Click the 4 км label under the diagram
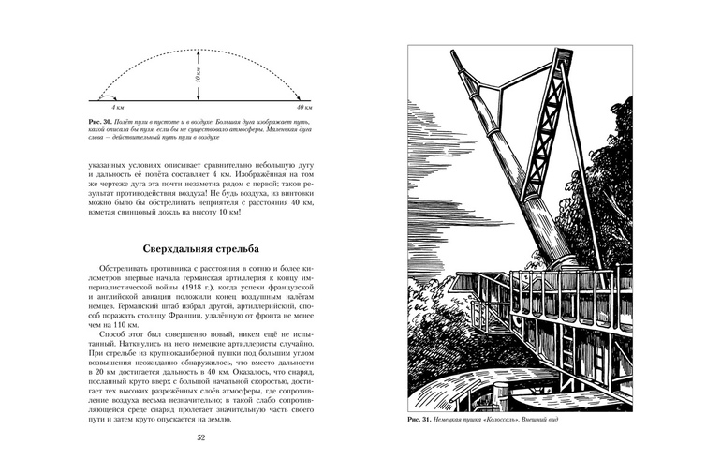118,110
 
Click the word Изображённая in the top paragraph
246,173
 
